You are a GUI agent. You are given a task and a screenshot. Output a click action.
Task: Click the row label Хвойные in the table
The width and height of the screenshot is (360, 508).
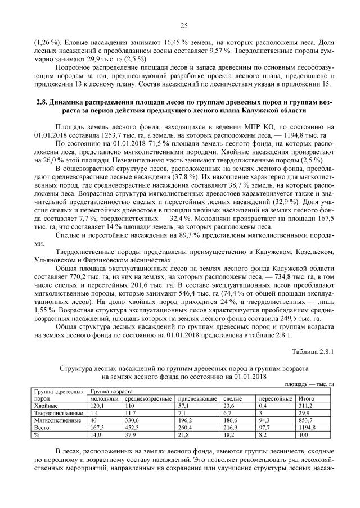(x=46, y=405)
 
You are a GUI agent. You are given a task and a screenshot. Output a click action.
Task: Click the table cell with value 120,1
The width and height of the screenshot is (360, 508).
(x=98, y=405)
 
